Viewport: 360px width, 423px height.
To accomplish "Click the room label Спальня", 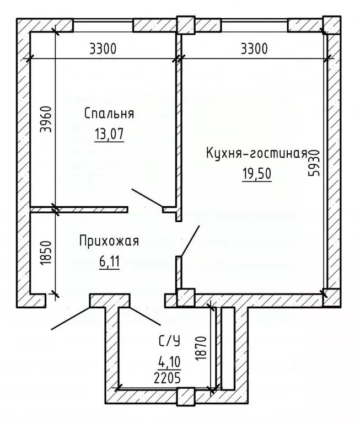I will click(x=110, y=114).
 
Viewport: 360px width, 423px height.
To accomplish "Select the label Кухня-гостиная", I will click(x=257, y=152).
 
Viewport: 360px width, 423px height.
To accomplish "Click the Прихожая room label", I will click(x=109, y=241).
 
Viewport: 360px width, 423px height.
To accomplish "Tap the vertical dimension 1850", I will click(x=47, y=252).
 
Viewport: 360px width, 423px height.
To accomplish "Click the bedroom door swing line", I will click(x=147, y=199).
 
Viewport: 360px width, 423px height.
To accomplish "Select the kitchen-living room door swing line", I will click(x=190, y=240).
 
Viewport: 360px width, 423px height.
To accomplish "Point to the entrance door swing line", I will click(x=72, y=317).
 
